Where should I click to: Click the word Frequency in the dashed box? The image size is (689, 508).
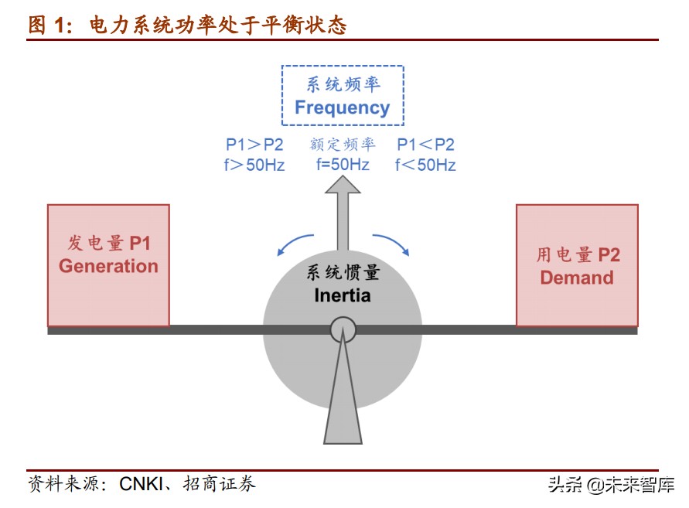click(342, 107)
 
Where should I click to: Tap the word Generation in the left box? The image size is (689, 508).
click(108, 266)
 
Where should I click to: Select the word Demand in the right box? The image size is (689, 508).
click(577, 278)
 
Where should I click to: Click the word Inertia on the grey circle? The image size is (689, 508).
click(343, 295)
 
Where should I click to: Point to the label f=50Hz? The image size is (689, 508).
click(343, 165)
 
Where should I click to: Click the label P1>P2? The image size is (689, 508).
click(254, 145)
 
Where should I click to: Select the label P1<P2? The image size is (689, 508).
click(425, 145)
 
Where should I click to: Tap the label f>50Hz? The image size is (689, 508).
click(254, 165)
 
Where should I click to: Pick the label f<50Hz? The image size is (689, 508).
click(425, 165)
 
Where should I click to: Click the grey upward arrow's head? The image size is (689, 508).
click(343, 186)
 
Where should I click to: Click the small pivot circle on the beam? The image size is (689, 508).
click(343, 331)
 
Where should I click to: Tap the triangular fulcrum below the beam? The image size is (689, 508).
click(343, 402)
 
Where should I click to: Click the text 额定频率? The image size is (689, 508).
click(343, 145)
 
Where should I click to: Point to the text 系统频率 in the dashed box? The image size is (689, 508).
click(343, 84)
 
